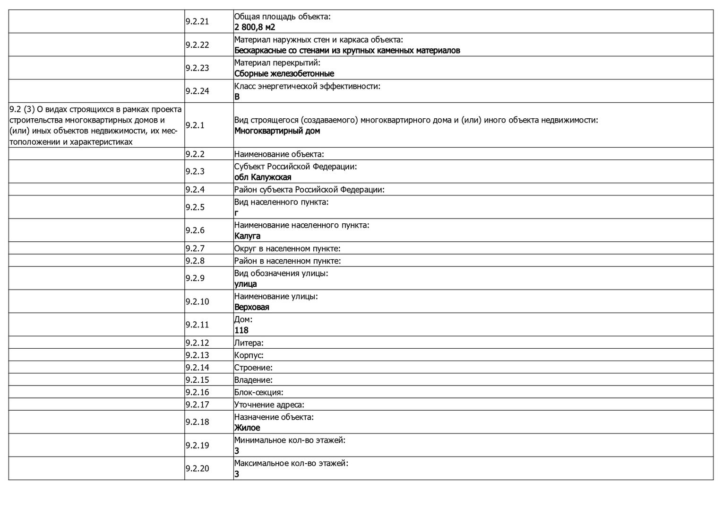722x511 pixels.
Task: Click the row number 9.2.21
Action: [197, 22]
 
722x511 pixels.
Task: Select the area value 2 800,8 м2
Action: [255, 27]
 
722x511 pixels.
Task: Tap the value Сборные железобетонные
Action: [284, 74]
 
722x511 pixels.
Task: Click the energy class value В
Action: [237, 97]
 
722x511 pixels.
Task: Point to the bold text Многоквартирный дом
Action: [277, 131]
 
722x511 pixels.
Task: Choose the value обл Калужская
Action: [263, 177]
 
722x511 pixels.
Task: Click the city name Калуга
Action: [247, 236]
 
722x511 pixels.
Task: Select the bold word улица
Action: [246, 284]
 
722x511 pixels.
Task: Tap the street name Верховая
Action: [252, 308]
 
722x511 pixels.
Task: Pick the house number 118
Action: [241, 331]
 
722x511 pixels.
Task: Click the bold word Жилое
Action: [247, 428]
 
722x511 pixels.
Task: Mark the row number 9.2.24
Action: [197, 91]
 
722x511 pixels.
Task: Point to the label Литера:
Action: [249, 343]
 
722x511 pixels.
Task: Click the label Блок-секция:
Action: [258, 392]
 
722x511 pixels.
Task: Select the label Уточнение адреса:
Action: [269, 405]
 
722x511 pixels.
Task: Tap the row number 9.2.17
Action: [197, 405]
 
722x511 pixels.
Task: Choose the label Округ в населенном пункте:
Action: [287, 249]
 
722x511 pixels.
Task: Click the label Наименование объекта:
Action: [279, 154]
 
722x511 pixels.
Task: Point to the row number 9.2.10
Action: [197, 302]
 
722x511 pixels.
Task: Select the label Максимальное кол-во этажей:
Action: [291, 464]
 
